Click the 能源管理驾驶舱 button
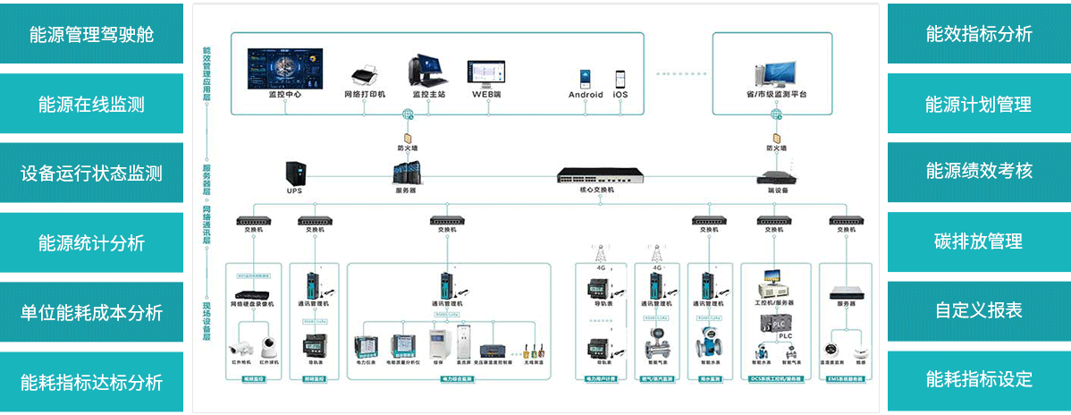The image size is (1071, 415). point(91,34)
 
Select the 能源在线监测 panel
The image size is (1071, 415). point(91,104)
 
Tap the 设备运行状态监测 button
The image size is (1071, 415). point(91,173)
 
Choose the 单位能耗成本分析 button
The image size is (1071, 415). point(91,312)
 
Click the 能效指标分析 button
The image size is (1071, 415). point(979,34)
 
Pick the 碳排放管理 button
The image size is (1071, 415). point(979,241)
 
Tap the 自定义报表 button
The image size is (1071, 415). point(979,310)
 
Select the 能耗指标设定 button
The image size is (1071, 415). point(979,379)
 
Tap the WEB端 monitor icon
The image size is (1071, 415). point(486,72)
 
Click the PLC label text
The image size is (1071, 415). point(784,336)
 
